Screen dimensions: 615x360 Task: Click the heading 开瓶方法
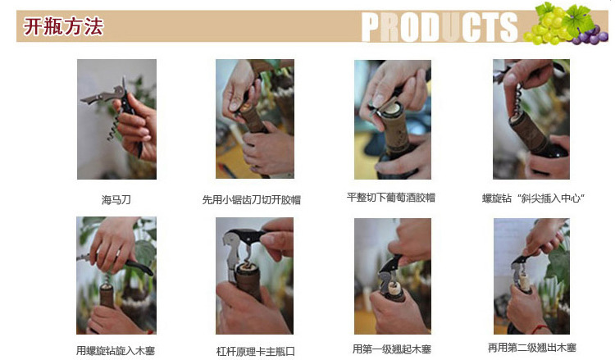click(x=63, y=26)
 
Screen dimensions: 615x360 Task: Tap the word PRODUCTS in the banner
click(x=440, y=27)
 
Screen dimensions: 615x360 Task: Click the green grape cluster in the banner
click(x=549, y=24)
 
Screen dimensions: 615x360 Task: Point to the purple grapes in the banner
click(x=591, y=35)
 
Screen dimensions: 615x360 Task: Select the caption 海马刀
click(x=116, y=200)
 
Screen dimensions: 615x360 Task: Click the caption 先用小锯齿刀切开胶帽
click(x=252, y=200)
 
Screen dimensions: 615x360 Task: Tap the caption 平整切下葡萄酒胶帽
click(x=391, y=198)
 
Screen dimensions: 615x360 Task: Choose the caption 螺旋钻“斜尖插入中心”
click(x=534, y=198)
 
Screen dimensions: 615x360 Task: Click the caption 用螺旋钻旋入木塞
click(x=116, y=350)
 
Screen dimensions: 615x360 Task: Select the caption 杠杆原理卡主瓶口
click(x=255, y=351)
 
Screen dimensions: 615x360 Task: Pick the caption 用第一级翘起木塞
click(x=392, y=349)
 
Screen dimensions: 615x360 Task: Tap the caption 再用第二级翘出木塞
click(x=532, y=348)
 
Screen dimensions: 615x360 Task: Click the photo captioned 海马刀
click(x=117, y=119)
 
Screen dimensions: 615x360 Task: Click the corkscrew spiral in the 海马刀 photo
click(x=114, y=127)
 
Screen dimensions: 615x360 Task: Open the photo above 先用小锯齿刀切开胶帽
click(x=255, y=119)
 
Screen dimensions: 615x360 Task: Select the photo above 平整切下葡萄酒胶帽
click(x=393, y=120)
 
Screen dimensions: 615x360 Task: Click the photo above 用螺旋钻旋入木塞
click(x=116, y=276)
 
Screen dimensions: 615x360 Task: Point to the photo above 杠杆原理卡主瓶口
click(x=254, y=276)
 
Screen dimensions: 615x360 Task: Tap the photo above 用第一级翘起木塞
click(x=393, y=276)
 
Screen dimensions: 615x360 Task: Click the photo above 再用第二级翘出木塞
click(x=531, y=276)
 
